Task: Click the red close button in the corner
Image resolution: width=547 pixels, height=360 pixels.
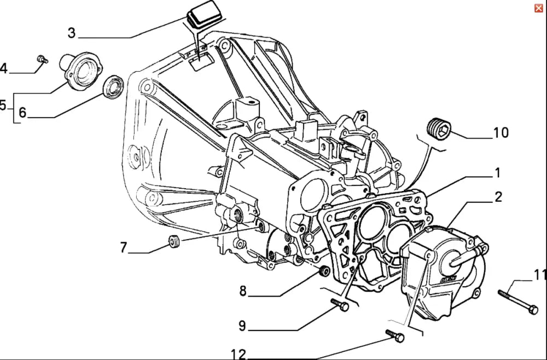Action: click(x=539, y=8)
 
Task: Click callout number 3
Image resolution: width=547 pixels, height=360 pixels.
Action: click(x=72, y=33)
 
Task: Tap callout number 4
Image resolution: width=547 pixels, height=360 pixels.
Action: click(x=4, y=69)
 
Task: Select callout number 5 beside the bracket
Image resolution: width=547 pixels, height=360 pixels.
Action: click(x=3, y=105)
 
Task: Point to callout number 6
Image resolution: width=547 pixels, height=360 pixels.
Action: click(x=22, y=113)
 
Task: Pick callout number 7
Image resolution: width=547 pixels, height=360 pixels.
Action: click(x=124, y=248)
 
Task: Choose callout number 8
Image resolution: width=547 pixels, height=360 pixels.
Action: click(x=243, y=291)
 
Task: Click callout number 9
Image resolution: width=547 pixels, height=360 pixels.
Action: click(x=242, y=327)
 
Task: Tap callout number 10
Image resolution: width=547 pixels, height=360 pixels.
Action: click(x=501, y=132)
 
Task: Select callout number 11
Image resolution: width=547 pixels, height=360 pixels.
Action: click(x=540, y=275)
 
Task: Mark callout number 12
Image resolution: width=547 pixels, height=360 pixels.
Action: click(x=238, y=355)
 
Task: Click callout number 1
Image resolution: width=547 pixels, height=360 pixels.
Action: click(x=497, y=173)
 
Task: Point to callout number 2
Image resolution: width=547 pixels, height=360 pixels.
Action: click(x=498, y=197)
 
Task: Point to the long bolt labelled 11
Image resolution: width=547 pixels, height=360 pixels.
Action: click(x=517, y=302)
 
